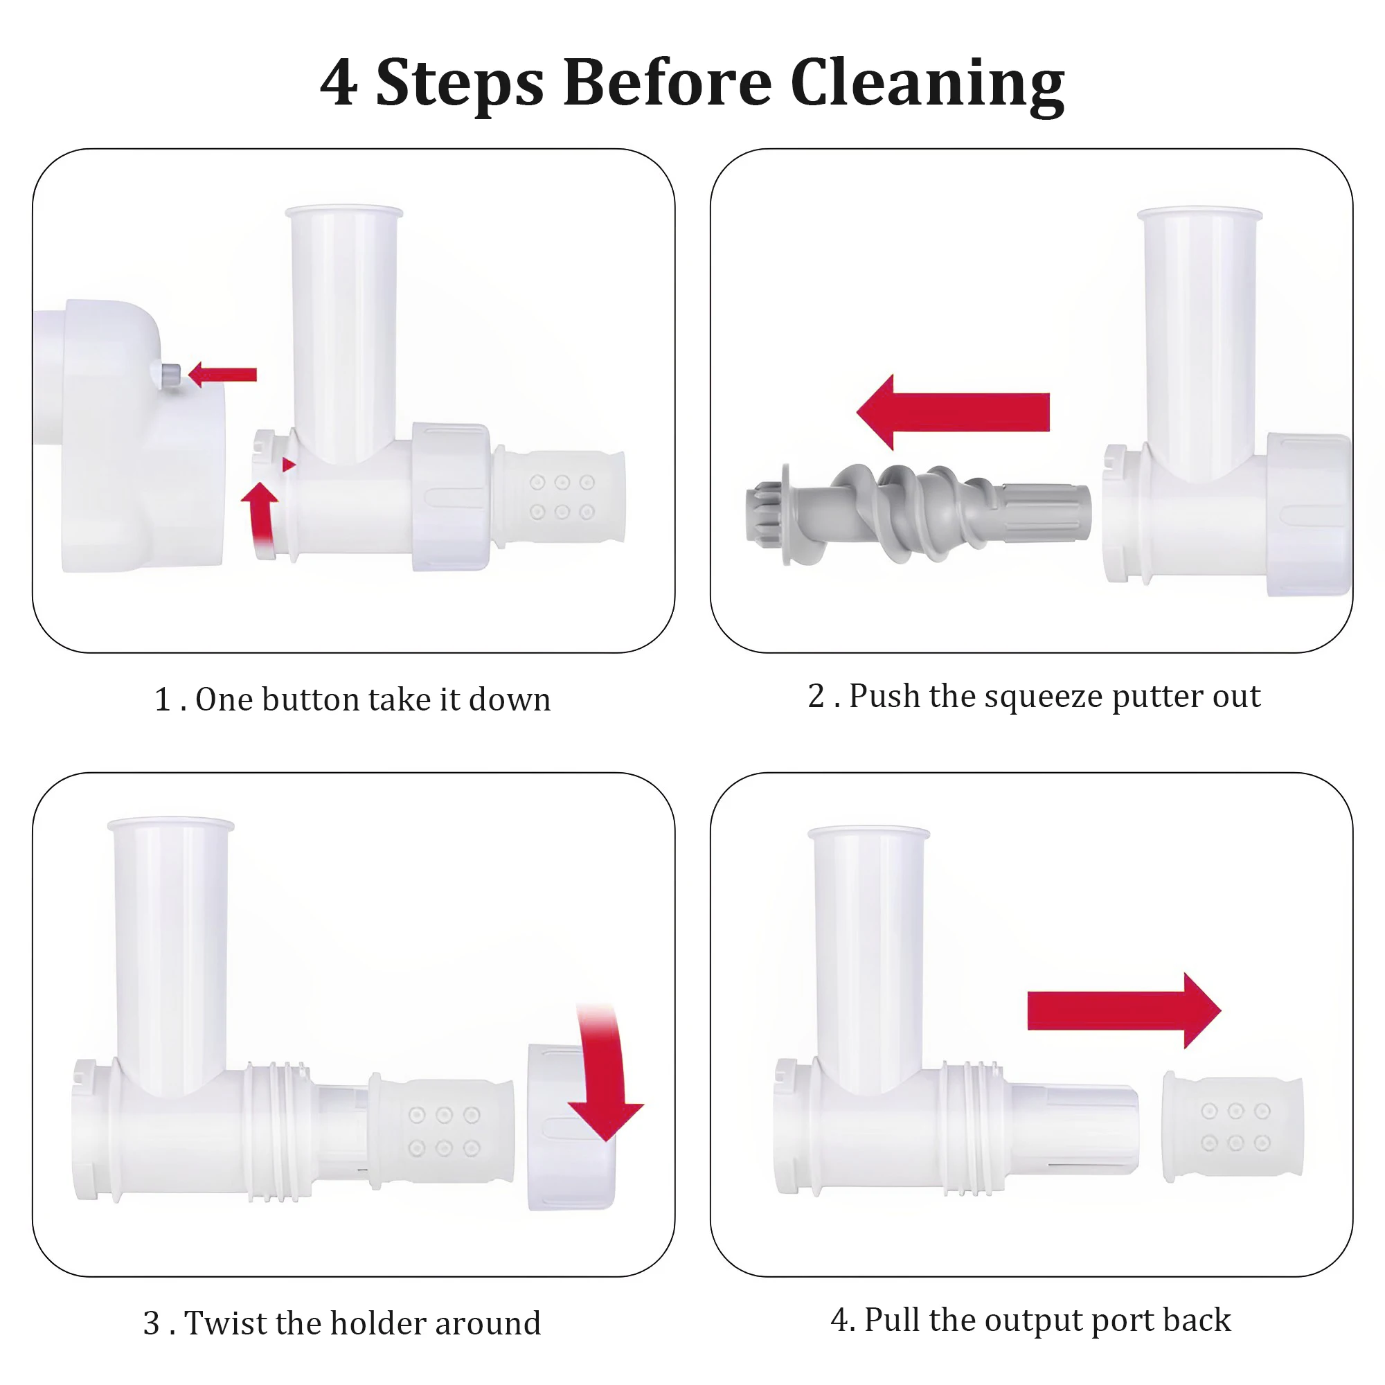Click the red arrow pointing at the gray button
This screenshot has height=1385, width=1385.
222,374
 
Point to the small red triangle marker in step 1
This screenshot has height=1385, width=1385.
288,465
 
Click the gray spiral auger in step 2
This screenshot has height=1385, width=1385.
918,512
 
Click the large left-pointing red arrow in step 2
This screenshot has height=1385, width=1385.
953,411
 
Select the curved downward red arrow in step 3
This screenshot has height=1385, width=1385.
606,1071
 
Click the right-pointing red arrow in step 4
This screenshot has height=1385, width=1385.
1123,1011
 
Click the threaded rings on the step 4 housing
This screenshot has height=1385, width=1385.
972,1128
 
